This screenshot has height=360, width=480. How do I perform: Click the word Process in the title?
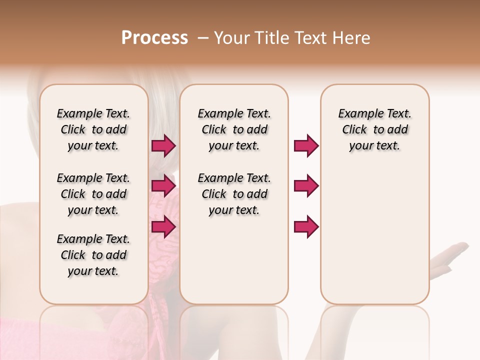(154, 38)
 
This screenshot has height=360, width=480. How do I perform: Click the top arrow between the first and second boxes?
(163, 146)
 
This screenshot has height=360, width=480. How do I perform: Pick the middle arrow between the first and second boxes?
(163, 186)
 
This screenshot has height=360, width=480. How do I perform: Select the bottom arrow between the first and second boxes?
(163, 226)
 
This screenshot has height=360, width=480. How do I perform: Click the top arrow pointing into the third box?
(306, 146)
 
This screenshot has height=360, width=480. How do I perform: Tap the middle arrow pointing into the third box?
(306, 186)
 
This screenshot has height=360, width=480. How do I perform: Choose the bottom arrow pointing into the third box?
(306, 226)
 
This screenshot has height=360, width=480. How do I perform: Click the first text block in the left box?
(93, 130)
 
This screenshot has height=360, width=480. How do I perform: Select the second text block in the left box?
(93, 194)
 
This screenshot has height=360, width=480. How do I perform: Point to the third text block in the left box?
(93, 255)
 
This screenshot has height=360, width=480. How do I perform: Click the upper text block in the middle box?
(234, 130)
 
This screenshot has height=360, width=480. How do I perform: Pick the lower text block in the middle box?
(234, 194)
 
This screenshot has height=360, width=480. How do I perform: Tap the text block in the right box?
(374, 130)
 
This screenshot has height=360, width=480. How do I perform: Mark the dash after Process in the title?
(203, 38)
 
